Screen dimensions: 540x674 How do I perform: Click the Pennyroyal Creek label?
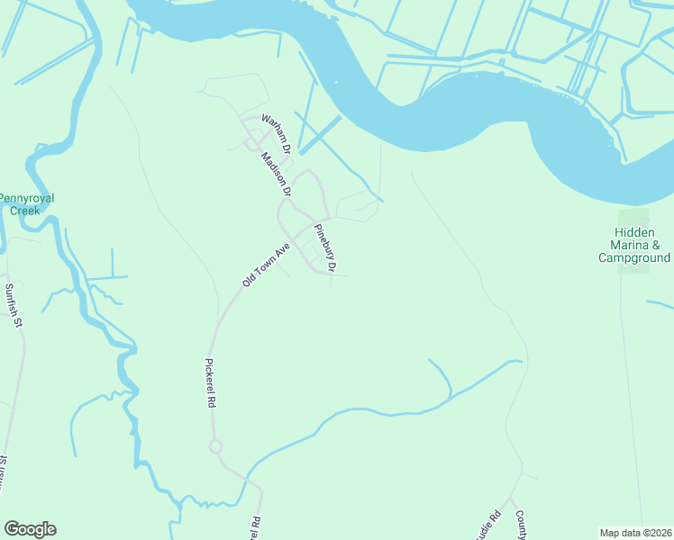26,203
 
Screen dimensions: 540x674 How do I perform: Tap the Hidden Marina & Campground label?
634,245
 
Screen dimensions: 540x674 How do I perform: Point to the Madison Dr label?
276,174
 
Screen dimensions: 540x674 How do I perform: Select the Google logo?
30,529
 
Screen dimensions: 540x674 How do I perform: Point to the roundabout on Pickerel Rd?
215,446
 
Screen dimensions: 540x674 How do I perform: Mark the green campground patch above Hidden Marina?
633,218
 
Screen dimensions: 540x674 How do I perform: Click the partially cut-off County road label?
520,523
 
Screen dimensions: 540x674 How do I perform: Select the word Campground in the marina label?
634,257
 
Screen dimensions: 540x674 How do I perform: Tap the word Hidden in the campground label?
635,232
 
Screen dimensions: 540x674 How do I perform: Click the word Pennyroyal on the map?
27,197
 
